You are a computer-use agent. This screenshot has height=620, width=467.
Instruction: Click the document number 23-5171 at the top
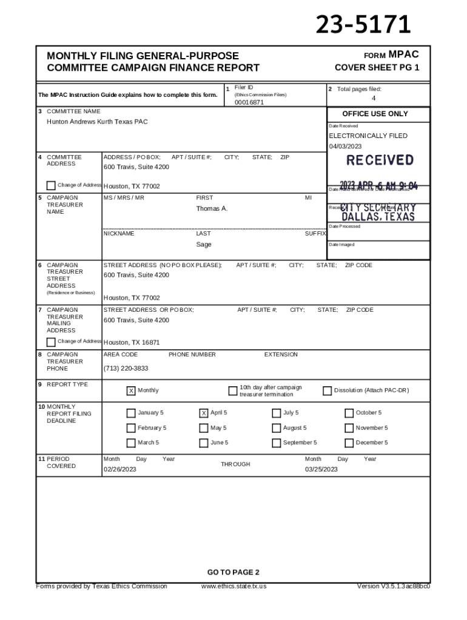point(363,25)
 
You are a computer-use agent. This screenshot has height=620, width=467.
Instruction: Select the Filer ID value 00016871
point(249,102)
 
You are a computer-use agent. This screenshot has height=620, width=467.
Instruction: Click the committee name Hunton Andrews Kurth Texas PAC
point(97,122)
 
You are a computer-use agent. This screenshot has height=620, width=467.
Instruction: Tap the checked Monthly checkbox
point(130,391)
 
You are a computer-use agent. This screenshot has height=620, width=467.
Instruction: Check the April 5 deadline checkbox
point(204,414)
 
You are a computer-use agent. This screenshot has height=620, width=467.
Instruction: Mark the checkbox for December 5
point(349,443)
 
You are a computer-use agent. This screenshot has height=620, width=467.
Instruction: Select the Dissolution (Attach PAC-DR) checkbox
point(327,391)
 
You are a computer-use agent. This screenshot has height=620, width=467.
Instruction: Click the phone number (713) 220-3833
point(126,368)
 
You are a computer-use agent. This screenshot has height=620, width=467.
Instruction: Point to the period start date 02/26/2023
point(120,469)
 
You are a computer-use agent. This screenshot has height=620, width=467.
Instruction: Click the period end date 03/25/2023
point(321,469)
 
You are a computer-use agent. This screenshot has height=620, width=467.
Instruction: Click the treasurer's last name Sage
point(203,245)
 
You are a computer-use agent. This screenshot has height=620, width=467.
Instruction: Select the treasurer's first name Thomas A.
point(211,209)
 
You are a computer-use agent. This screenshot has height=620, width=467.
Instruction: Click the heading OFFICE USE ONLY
point(375,114)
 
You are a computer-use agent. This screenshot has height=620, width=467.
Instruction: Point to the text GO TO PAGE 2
point(233,572)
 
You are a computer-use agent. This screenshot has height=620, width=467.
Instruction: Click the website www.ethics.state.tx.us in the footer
point(233,586)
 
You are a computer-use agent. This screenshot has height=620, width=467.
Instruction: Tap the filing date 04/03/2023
point(345,147)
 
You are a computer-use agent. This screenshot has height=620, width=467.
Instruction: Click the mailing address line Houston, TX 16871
point(132,342)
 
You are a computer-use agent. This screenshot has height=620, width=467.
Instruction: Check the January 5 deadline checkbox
point(130,414)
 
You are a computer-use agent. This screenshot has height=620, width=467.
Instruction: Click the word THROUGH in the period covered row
point(235,464)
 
